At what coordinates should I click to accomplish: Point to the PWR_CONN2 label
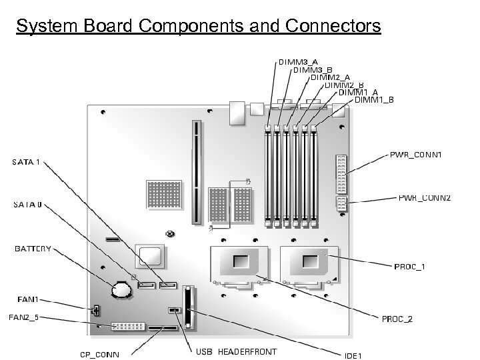click(x=424, y=198)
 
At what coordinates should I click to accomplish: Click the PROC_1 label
click(x=409, y=267)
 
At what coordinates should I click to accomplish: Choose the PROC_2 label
click(x=397, y=319)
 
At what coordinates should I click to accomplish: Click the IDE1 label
click(x=353, y=355)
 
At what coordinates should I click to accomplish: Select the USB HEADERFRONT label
click(x=236, y=351)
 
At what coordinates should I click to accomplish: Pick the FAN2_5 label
click(x=23, y=317)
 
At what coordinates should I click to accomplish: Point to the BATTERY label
click(x=33, y=249)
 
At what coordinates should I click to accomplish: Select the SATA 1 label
click(x=27, y=161)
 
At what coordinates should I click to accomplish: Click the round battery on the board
click(x=122, y=289)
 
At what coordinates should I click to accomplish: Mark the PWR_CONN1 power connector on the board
click(x=341, y=173)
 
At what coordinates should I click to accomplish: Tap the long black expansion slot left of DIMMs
click(x=196, y=172)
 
